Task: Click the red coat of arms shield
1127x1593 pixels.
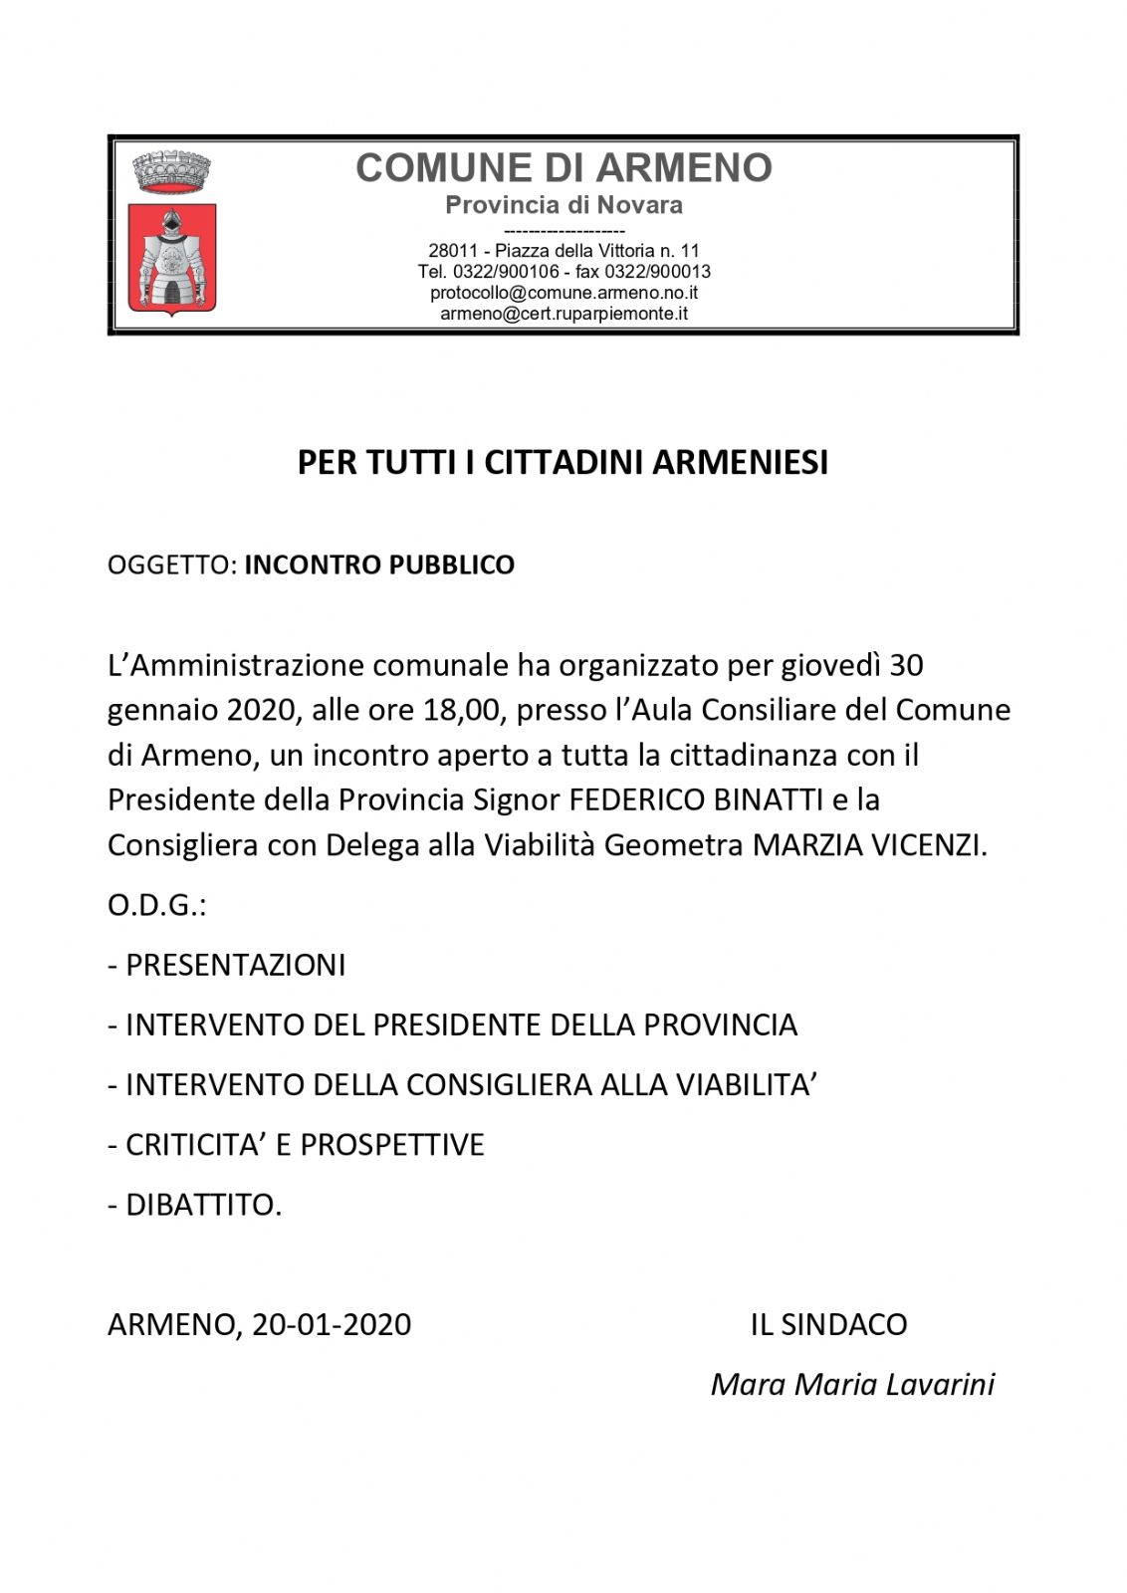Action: coord(172,259)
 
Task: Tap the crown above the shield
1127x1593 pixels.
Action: coord(172,171)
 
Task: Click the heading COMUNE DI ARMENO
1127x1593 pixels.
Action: coord(563,168)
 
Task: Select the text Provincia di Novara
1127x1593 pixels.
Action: coord(563,205)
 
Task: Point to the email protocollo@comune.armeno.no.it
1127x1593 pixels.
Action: coord(563,293)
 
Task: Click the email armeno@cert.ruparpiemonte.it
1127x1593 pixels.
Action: coord(563,314)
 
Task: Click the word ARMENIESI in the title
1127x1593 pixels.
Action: coord(740,463)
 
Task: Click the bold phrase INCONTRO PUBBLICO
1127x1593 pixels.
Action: coord(379,565)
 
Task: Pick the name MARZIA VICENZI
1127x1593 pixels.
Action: coord(869,845)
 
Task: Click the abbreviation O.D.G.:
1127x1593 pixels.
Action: coord(156,906)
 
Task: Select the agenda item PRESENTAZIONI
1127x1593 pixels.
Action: coord(236,965)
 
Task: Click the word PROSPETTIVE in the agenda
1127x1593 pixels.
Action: coord(392,1145)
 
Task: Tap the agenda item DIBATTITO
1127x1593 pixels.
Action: coord(203,1205)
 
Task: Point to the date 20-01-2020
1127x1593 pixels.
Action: coord(332,1324)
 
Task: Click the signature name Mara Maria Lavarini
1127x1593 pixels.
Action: coord(852,1384)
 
